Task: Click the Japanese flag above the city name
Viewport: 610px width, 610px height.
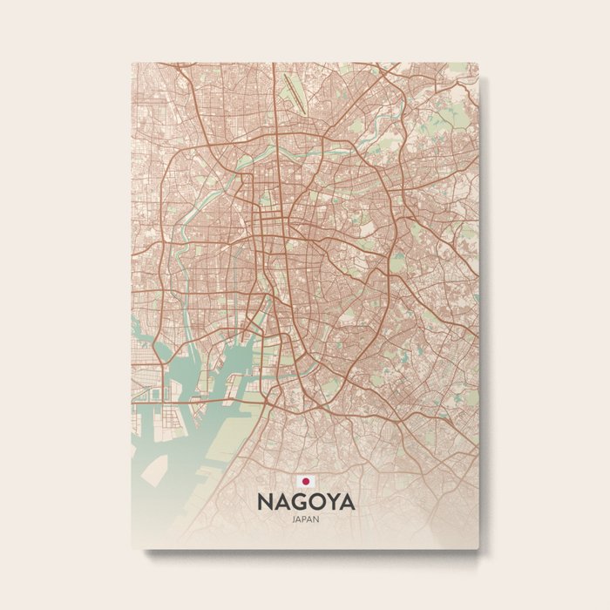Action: point(306,481)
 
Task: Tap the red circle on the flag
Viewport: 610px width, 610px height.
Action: point(306,481)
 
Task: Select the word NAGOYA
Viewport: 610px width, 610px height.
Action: point(306,503)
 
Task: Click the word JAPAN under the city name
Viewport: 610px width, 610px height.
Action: point(306,520)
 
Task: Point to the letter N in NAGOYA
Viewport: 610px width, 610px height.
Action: point(264,503)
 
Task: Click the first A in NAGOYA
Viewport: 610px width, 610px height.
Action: point(281,503)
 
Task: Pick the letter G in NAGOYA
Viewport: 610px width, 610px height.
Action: point(298,503)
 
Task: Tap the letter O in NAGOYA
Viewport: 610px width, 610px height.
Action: point(315,503)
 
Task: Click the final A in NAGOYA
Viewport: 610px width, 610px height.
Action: point(348,503)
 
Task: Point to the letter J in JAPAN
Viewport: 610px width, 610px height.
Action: point(295,520)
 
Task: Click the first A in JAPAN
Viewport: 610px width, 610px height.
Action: point(300,520)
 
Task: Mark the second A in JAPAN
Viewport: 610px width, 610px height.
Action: point(311,520)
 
